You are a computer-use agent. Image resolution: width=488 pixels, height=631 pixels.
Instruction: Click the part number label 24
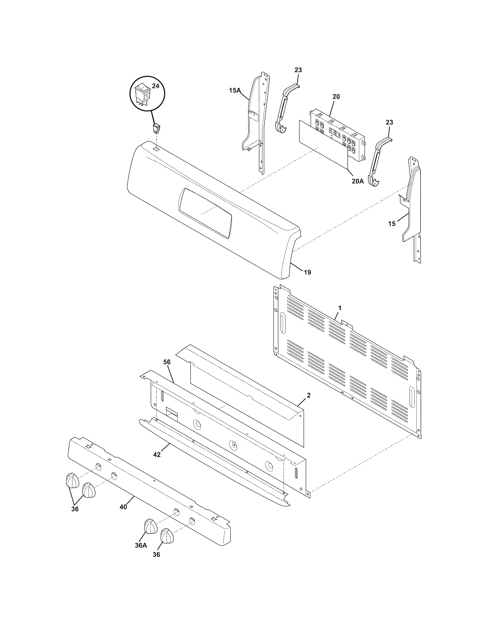156,86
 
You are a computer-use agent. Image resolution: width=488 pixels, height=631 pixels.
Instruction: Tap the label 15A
235,90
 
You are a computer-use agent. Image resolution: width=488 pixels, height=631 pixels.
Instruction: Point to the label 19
308,272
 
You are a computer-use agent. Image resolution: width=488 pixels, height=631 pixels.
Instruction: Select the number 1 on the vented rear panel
340,308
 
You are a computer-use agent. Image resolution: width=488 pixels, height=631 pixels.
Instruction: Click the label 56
167,362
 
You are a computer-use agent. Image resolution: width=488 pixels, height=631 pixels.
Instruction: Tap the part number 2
309,396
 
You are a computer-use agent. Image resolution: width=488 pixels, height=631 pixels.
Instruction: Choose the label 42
157,455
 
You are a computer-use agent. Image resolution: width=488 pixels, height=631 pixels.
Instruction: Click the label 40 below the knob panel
123,507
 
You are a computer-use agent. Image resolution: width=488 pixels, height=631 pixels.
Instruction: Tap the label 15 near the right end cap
392,224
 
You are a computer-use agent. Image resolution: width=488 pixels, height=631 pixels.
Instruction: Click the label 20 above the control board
336,96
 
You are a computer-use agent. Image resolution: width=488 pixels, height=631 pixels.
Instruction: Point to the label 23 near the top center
298,70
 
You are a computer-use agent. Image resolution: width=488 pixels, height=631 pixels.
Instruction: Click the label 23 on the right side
389,122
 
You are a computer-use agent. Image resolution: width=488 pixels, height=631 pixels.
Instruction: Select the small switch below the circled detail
156,128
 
